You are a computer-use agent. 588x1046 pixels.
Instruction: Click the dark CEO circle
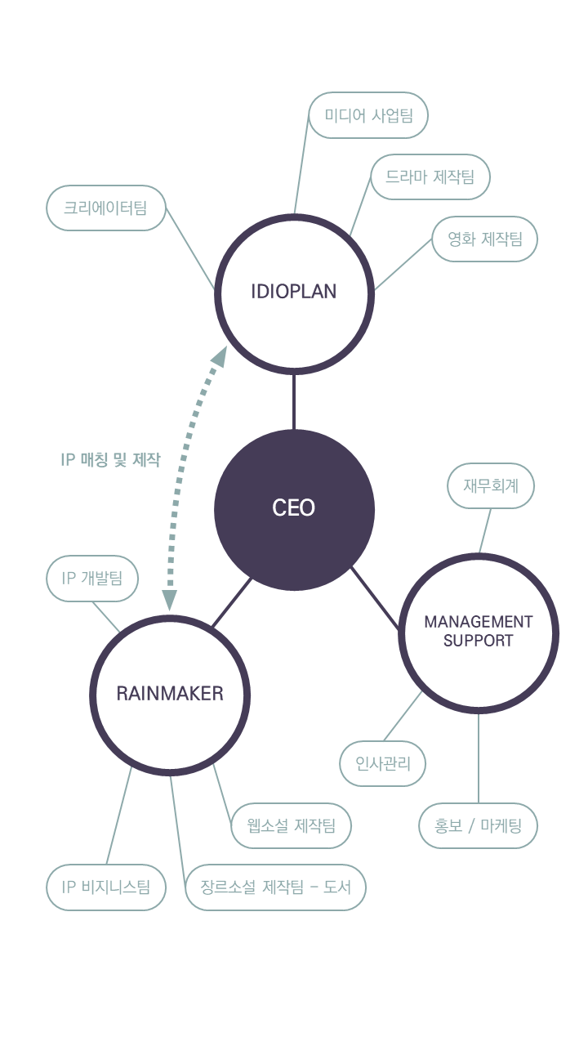tap(294, 509)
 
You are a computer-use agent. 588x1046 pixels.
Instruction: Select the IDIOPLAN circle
tap(294, 293)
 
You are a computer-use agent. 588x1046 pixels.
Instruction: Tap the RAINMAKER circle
tap(170, 694)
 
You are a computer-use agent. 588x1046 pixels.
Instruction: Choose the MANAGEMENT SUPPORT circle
tap(479, 632)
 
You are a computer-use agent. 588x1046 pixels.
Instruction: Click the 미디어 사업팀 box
tap(369, 115)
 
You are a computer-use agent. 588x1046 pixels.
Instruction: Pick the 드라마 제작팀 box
tap(430, 177)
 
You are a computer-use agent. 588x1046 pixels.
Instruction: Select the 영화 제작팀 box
tap(485, 239)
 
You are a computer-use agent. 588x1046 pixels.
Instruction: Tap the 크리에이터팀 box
tap(105, 208)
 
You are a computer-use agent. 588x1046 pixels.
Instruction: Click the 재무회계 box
tap(491, 486)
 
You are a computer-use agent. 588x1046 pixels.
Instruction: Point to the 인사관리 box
tap(383, 764)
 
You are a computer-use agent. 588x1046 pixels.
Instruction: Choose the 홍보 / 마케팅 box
tap(479, 825)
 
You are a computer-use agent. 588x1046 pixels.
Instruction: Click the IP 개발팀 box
tap(92, 579)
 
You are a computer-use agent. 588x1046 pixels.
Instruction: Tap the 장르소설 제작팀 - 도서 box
tap(275, 887)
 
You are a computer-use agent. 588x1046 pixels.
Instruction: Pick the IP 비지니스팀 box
tap(105, 887)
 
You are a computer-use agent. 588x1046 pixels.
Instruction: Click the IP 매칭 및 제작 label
tap(111, 460)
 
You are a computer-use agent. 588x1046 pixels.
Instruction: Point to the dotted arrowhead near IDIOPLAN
tap(218, 355)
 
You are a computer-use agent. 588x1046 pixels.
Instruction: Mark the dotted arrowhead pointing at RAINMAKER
tap(170, 601)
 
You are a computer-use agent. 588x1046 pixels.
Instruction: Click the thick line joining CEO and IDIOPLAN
tap(294, 401)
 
